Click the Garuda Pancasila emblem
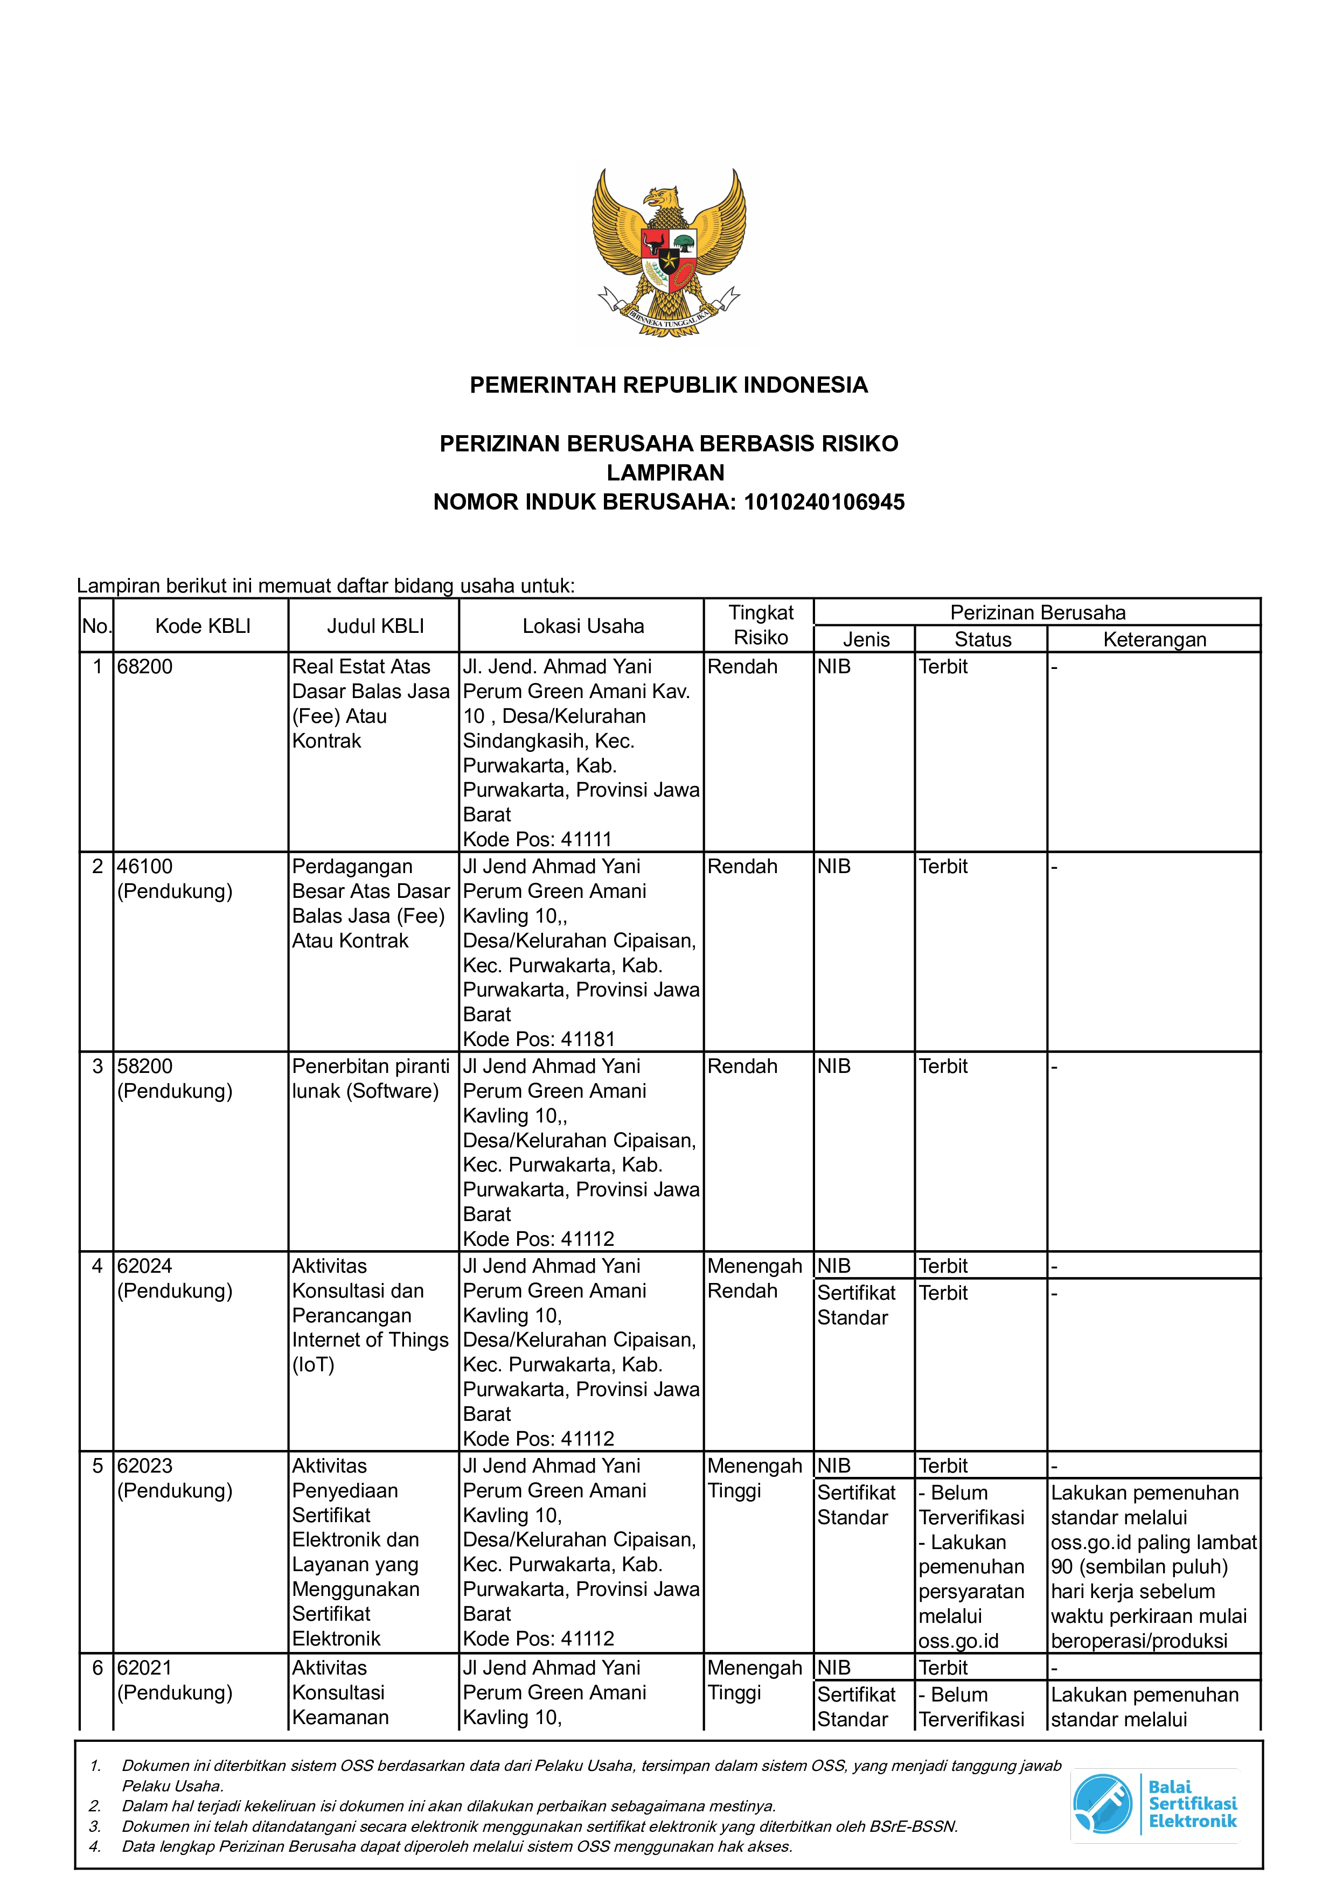point(669,251)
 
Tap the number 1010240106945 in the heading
point(824,502)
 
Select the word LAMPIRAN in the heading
point(666,472)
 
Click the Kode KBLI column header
point(203,626)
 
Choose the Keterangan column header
point(1154,639)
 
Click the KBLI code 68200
point(145,667)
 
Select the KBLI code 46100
point(145,867)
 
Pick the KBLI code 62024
point(145,1266)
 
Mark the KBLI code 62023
point(145,1466)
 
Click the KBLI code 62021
point(145,1668)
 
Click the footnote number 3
point(95,1826)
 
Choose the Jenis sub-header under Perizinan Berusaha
point(866,639)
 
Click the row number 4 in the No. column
point(97,1266)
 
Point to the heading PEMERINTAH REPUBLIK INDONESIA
point(669,385)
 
